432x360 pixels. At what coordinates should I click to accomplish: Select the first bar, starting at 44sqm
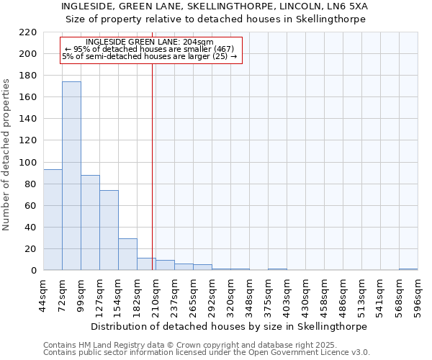click(x=53, y=220)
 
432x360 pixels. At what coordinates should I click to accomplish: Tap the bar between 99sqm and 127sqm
click(x=90, y=222)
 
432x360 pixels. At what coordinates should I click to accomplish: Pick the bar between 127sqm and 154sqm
click(x=109, y=230)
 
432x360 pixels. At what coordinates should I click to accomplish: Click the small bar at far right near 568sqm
click(x=408, y=269)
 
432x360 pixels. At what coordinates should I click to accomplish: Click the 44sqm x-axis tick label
click(x=44, y=295)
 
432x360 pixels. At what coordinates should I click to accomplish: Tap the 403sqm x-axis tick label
click(x=287, y=295)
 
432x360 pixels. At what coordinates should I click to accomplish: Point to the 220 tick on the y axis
click(x=28, y=32)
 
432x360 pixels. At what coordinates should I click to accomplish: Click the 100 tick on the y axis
click(x=28, y=163)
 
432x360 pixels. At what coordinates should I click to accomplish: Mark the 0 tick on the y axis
click(x=33, y=271)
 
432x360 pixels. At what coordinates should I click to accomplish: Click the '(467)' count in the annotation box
click(x=219, y=49)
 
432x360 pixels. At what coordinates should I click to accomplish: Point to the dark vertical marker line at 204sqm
click(x=152, y=180)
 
